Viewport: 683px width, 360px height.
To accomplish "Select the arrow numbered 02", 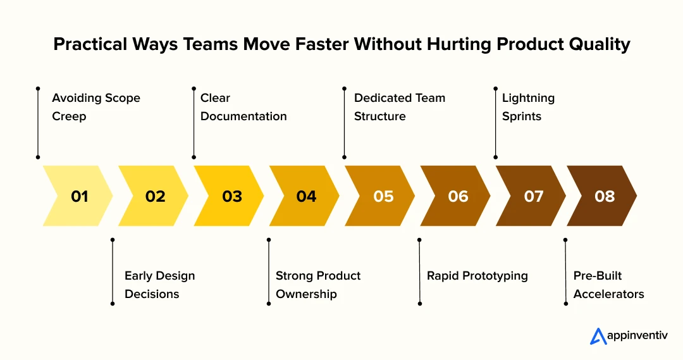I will coord(154,196).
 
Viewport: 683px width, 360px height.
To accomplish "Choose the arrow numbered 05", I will coord(382,196).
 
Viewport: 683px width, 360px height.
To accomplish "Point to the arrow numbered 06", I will coord(457,196).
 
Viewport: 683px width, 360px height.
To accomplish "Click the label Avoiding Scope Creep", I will coord(95,107).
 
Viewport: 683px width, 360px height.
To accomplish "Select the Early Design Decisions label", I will coord(159,285).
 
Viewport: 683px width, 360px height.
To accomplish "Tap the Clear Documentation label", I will coord(243,107).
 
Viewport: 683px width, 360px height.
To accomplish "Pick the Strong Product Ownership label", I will coord(318,285).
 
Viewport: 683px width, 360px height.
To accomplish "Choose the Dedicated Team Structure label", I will coord(399,107).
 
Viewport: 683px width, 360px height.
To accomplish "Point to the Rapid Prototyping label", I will coord(477,276).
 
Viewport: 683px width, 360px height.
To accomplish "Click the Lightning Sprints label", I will coord(528,107).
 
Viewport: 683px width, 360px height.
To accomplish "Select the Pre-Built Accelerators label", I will coord(608,285).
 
